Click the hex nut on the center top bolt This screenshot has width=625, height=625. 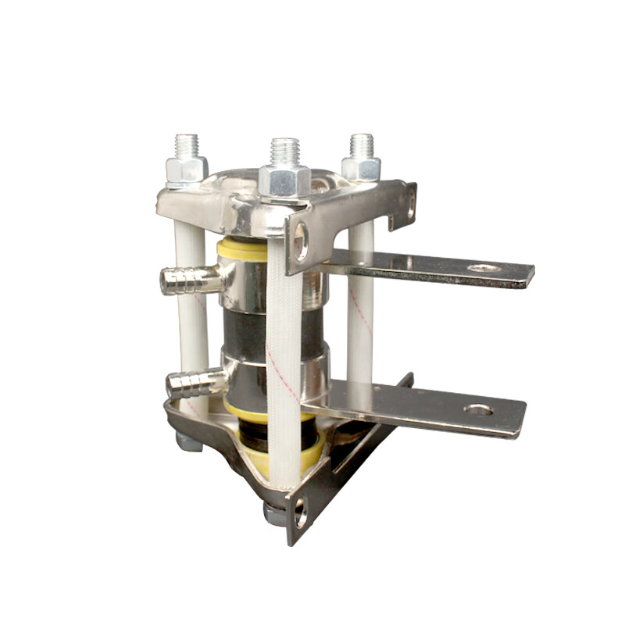coord(284,180)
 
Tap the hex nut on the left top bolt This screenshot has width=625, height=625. coord(187,169)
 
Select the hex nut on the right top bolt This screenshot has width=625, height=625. coord(362,168)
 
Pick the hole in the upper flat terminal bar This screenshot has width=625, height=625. coord(484,268)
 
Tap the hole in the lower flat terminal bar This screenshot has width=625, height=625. coord(477,409)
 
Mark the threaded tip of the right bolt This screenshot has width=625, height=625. coord(361,145)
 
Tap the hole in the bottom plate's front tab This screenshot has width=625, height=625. coord(301,513)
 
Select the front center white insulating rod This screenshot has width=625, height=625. coord(284,352)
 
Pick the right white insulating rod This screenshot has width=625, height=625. coord(361,312)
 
